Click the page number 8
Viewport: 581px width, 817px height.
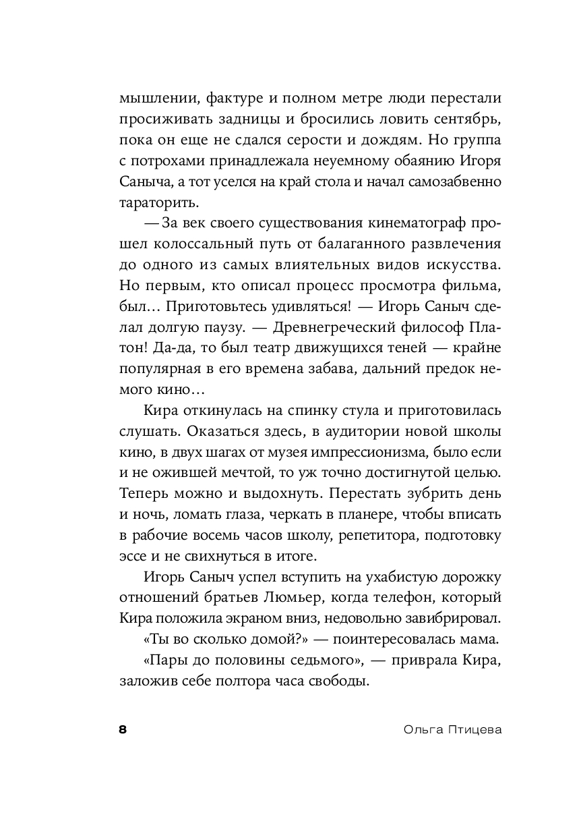pos(123,730)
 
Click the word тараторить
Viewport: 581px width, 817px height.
pos(158,202)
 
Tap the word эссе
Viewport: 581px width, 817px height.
pos(134,558)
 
